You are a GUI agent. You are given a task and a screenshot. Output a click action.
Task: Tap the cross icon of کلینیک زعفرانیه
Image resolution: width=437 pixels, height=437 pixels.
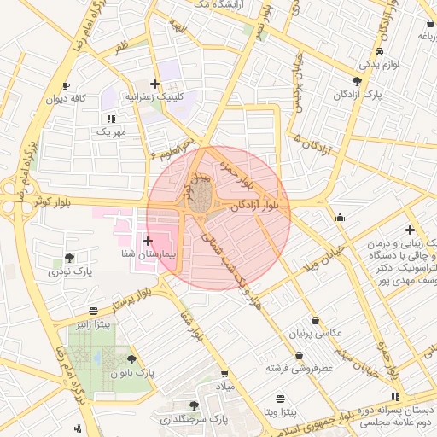click(154, 84)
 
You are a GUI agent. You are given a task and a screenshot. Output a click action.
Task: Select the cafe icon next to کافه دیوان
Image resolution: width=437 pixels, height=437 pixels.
click(67, 85)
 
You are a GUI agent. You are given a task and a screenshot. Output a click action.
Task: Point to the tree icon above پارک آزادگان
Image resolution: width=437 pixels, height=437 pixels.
click(357, 80)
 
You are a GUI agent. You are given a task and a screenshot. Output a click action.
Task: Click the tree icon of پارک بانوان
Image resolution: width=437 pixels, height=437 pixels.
click(131, 359)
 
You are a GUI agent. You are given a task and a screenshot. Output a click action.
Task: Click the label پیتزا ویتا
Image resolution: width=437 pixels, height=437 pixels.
click(280, 412)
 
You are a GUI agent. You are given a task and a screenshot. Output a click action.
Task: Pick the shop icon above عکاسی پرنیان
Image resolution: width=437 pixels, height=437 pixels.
click(316, 320)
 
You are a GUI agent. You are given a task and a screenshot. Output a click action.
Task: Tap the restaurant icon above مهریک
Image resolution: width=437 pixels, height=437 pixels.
click(110, 118)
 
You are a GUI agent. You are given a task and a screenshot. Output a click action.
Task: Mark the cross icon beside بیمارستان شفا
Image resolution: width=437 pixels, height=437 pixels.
click(149, 241)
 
